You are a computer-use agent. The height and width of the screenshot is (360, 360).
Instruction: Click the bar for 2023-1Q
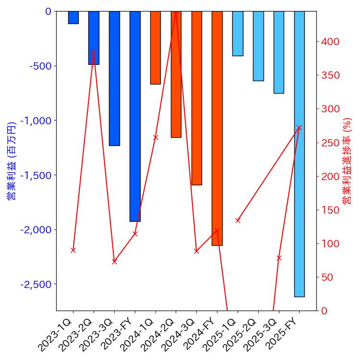click(73, 17)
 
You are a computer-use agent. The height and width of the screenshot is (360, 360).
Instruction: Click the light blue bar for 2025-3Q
click(279, 52)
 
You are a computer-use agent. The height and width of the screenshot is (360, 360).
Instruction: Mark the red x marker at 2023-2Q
click(94, 52)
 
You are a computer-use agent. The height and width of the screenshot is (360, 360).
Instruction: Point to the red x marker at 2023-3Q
click(114, 262)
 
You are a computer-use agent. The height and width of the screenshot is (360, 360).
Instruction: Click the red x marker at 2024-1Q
click(156, 137)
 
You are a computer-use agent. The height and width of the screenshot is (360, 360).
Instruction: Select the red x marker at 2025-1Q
click(238, 220)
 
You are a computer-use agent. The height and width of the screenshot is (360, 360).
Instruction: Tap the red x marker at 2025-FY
click(300, 128)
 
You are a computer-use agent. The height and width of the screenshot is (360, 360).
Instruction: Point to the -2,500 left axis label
click(36, 284)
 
